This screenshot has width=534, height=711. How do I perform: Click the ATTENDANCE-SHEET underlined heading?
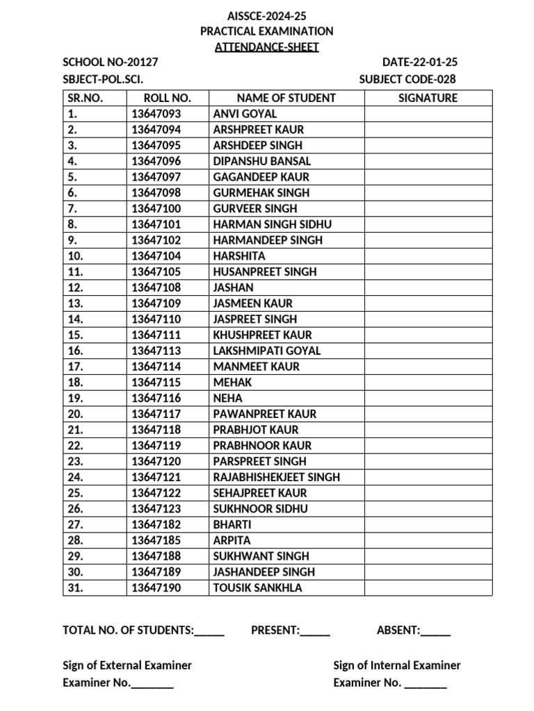point(267,47)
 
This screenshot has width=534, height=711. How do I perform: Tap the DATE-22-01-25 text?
point(420,63)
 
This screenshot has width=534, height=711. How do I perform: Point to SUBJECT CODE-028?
point(407,79)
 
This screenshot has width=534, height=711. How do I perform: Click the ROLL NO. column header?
point(167,98)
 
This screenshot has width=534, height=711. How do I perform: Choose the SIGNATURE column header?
point(428,98)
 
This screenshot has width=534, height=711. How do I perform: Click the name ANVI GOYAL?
point(245,114)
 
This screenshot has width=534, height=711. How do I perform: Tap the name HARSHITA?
point(239,256)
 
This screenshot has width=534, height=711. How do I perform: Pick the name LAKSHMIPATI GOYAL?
point(267,351)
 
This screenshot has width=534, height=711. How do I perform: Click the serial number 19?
point(76,398)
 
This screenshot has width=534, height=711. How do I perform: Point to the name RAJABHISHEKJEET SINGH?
point(277,477)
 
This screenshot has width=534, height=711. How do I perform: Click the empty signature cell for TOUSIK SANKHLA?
point(428,588)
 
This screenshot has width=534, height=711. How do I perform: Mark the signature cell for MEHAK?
point(428,383)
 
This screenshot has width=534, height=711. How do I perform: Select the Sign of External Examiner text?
point(127,665)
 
